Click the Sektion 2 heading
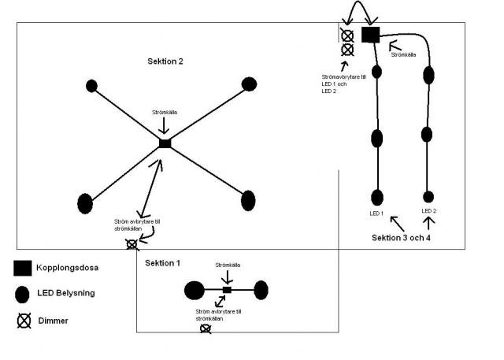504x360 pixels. click(165, 61)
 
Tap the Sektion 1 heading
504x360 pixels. click(162, 263)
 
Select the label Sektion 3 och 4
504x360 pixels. click(401, 238)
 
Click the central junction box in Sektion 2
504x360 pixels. click(165, 143)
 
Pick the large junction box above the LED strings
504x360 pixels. click(371, 35)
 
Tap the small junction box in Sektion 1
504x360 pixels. click(227, 290)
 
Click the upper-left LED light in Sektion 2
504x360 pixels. click(91, 86)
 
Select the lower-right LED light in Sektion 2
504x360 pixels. click(248, 201)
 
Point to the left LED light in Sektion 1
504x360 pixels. click(195, 290)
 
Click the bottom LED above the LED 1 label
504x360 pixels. click(377, 198)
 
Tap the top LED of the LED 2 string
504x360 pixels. click(428, 76)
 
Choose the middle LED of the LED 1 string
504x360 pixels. click(377, 139)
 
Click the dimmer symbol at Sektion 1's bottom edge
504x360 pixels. click(206, 328)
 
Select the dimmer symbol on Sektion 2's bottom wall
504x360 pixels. click(132, 245)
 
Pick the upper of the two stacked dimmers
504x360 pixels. click(347, 36)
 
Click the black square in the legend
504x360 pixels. click(23, 268)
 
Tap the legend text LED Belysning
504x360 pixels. click(66, 293)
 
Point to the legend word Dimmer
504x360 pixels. click(53, 321)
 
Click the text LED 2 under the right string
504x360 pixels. click(428, 211)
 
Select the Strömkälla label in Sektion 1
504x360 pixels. click(228, 265)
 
